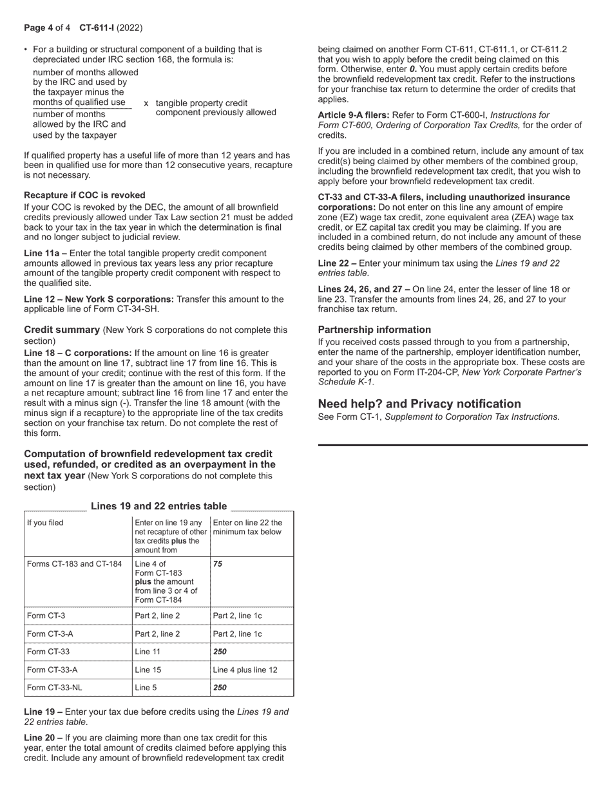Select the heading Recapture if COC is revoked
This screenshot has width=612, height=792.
[84, 195]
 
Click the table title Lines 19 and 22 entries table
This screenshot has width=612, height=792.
[158, 506]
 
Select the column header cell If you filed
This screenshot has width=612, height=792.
[45, 523]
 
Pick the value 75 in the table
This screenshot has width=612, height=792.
[217, 564]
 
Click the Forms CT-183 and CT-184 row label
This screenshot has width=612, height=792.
[74, 564]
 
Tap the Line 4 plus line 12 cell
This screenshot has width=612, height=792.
[245, 670]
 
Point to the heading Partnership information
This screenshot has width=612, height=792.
[374, 330]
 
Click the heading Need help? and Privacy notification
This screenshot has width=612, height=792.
[419, 404]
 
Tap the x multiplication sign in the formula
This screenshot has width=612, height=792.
[146, 103]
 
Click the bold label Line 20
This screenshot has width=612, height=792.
[41, 737]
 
